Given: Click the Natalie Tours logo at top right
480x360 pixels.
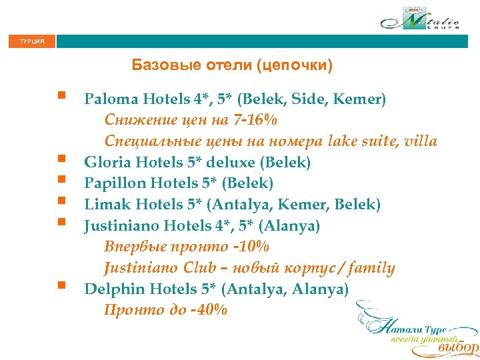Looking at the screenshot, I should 420,19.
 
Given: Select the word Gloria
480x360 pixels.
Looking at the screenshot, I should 107,162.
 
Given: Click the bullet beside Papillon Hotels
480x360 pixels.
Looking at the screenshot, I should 61,179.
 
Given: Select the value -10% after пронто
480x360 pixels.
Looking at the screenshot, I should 248,247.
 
